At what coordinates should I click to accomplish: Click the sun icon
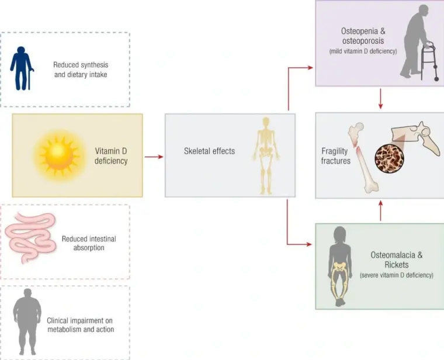tap(59, 154)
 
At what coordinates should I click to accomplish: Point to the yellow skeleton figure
tap(266, 154)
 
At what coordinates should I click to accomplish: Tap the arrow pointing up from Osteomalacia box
tap(381, 211)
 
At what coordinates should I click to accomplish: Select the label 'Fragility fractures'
tap(335, 155)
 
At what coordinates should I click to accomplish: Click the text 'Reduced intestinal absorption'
tap(89, 243)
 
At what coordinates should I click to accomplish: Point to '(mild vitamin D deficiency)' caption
tap(362, 51)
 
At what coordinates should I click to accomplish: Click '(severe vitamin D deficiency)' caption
tap(397, 275)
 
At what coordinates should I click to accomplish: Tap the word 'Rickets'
tap(397, 265)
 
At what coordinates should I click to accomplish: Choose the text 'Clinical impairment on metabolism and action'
tap(81, 325)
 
